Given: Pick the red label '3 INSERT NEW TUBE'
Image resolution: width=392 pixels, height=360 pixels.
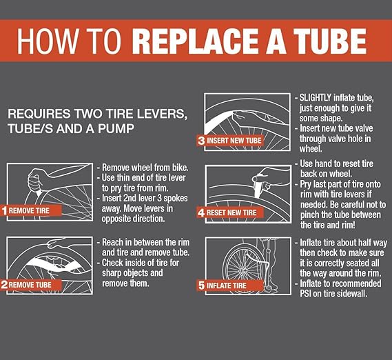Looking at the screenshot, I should (229, 141).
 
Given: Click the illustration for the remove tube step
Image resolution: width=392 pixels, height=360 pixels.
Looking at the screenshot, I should (48, 258).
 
